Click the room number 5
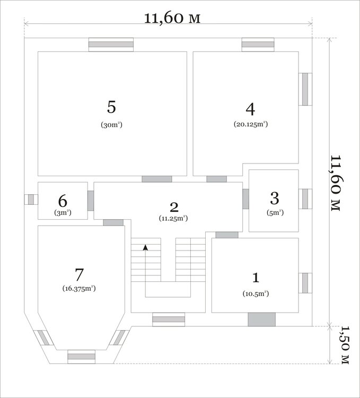pyautogui.click(x=111, y=107)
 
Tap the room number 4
pyautogui.click(x=250, y=109)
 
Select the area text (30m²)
pyautogui.click(x=111, y=125)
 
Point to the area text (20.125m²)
pyautogui.click(x=250, y=124)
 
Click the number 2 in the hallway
pyautogui.click(x=174, y=207)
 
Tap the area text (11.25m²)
pyautogui.click(x=173, y=218)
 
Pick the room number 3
pyautogui.click(x=275, y=198)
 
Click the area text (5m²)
pyautogui.click(x=275, y=213)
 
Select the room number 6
pyautogui.click(x=63, y=201)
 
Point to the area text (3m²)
pyautogui.click(x=63, y=213)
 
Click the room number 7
pyautogui.click(x=79, y=274)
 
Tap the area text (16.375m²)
pyautogui.click(x=79, y=289)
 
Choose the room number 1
pyautogui.click(x=256, y=278)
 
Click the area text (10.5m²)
pyautogui.click(x=256, y=293)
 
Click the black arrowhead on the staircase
pyautogui.click(x=145, y=247)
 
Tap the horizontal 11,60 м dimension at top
pyautogui.click(x=172, y=18)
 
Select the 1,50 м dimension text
pyautogui.click(x=345, y=345)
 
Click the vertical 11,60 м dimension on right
pyautogui.click(x=337, y=183)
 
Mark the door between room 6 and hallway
pyautogui.click(x=91, y=201)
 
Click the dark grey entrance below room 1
pyautogui.click(x=261, y=319)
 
